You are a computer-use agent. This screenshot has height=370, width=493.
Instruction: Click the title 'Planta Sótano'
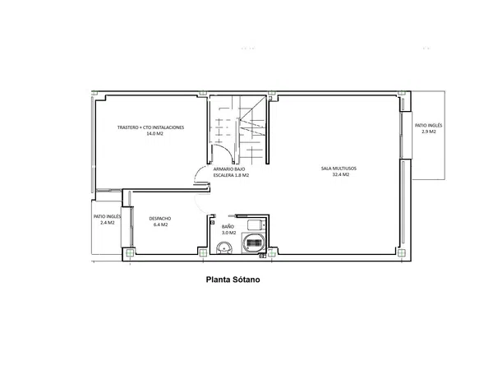point(233,280)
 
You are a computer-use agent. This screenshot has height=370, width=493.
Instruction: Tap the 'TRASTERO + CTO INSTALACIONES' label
point(150,127)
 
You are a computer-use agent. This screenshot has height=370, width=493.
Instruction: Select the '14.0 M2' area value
point(154,133)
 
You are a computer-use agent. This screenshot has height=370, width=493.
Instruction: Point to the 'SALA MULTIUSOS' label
point(339,169)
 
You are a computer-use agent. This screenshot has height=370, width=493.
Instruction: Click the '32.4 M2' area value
point(341,174)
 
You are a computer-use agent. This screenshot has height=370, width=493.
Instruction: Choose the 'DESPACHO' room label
point(160,219)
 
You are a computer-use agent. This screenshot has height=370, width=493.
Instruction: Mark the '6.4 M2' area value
point(160,224)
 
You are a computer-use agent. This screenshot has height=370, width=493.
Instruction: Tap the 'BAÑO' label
point(228,226)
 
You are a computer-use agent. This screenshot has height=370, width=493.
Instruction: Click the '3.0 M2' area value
point(229,233)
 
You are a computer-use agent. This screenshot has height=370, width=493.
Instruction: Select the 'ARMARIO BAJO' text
point(229,169)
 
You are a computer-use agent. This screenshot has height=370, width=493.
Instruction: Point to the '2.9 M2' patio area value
point(429,132)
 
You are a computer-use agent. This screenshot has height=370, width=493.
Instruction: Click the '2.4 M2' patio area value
point(107,223)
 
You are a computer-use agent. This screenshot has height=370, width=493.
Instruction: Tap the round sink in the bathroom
point(223,248)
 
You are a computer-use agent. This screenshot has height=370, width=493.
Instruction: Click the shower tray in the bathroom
point(254,243)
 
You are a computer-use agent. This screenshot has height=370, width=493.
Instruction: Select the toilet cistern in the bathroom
point(256,225)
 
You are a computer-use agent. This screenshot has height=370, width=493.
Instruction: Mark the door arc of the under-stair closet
point(225,153)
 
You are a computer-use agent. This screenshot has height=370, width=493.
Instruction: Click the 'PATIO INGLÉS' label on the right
point(428,125)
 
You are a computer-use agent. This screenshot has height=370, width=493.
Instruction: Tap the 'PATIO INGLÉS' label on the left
point(107,216)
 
